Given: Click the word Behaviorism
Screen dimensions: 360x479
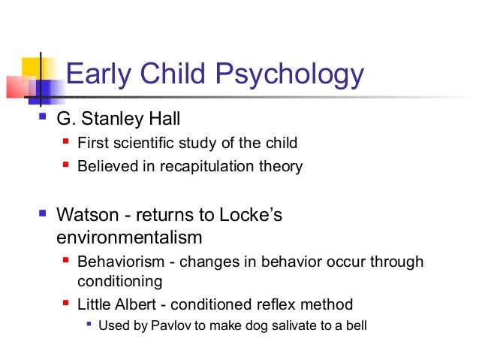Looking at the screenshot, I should point(116,262).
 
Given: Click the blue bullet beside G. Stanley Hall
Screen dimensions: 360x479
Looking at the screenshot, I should point(42,117).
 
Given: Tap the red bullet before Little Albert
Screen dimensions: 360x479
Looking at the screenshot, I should point(66,304).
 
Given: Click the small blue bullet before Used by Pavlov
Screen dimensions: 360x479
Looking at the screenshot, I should point(89,326).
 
